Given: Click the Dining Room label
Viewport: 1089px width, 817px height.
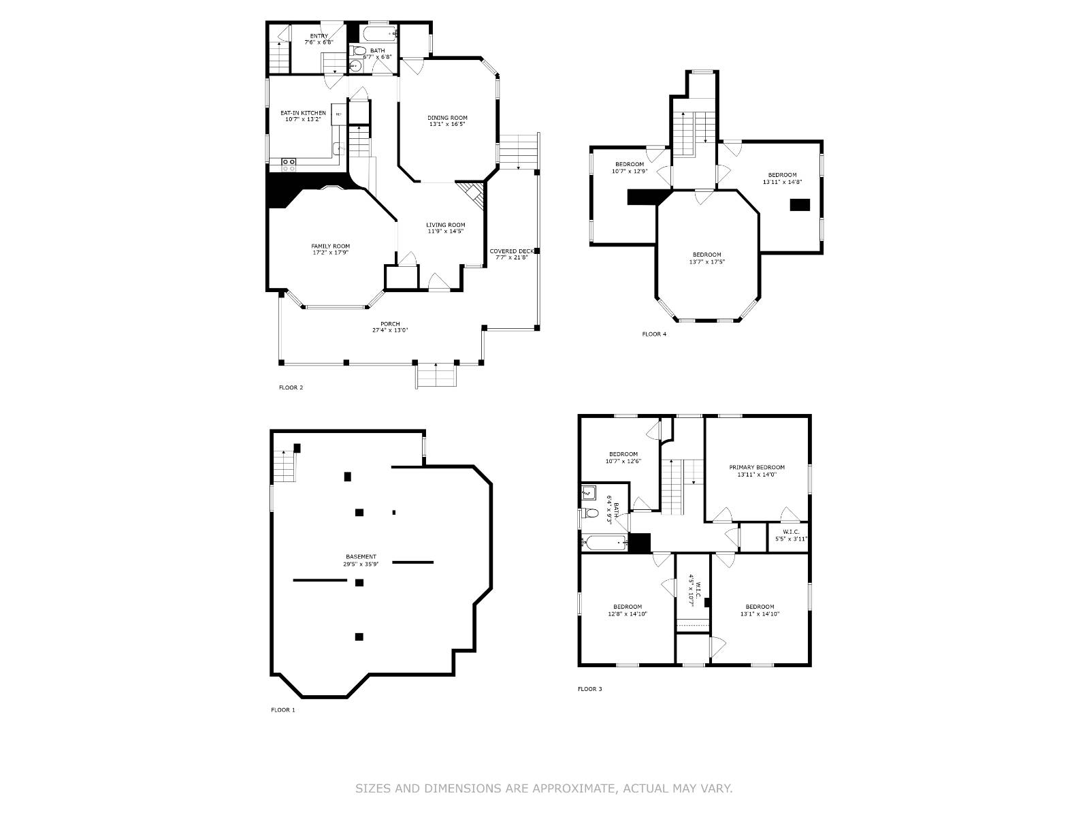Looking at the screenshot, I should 447,118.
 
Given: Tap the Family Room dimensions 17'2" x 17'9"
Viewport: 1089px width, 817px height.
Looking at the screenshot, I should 331,253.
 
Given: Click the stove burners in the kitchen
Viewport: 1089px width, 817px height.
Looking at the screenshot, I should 289,164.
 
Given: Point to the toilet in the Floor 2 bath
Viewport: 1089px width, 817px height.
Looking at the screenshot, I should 360,51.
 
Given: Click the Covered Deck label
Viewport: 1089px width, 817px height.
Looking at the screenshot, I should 512,251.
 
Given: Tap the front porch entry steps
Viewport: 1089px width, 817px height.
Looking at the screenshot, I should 436,375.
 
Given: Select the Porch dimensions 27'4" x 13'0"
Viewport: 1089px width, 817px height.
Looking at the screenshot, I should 390,330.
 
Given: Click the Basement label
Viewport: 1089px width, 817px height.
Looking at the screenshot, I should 361,557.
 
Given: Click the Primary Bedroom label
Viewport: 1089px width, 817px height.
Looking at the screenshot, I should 757,468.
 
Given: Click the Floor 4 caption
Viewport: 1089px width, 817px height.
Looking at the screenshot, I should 654,334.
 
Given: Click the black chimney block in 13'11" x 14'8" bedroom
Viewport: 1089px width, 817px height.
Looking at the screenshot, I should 800,205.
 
